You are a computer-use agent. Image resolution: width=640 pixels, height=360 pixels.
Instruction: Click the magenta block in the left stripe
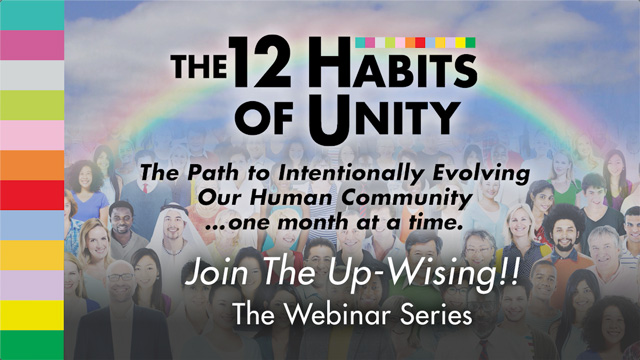(x=32, y=45)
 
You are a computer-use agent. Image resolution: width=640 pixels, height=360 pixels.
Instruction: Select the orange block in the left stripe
(x=32, y=165)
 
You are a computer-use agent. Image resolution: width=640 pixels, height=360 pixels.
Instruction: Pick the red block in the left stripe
(x=32, y=195)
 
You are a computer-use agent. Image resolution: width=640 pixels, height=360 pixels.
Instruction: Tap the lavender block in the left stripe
(x=32, y=285)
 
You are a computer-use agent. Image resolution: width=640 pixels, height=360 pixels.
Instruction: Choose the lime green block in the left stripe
(x=32, y=105)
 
